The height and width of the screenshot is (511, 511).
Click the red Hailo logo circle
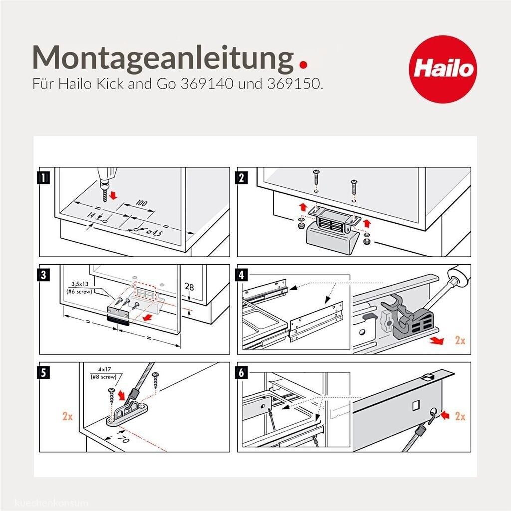pyautogui.click(x=442, y=68)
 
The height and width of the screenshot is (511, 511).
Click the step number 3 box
pyautogui.click(x=45, y=274)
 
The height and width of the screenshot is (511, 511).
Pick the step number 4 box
pyautogui.click(x=243, y=274)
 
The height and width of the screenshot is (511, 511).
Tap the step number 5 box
pyautogui.click(x=45, y=372)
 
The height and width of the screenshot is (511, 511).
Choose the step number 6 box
pyautogui.click(x=243, y=372)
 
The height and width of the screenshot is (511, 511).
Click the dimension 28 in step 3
pyautogui.click(x=189, y=287)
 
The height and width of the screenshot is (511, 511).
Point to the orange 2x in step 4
pyautogui.click(x=460, y=342)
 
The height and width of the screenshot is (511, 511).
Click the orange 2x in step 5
pyautogui.click(x=67, y=416)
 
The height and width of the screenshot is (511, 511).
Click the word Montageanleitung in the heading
pyautogui.click(x=162, y=57)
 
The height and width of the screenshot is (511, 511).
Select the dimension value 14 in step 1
pyautogui.click(x=91, y=215)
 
